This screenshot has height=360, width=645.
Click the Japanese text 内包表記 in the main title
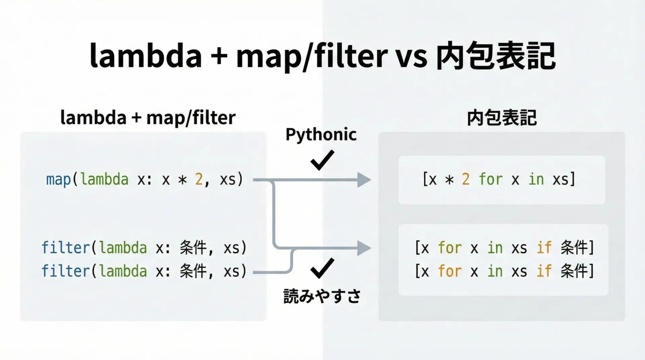[x=496, y=56]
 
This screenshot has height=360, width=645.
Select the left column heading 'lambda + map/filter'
[x=148, y=118]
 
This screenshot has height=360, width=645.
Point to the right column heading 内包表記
[x=502, y=118]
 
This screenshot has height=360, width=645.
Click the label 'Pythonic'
[x=321, y=135]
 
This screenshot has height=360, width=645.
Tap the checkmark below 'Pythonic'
[x=322, y=160]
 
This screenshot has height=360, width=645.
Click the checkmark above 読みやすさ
[x=322, y=268]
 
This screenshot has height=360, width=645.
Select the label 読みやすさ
[x=322, y=296]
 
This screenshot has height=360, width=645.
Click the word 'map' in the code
[x=58, y=180]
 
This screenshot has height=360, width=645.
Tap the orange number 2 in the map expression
[x=199, y=180]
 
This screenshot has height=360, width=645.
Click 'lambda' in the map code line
[x=104, y=180]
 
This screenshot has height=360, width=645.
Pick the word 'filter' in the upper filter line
[x=66, y=248]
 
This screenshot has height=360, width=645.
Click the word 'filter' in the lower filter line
[x=66, y=271]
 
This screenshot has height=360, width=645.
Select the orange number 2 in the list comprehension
[x=466, y=180]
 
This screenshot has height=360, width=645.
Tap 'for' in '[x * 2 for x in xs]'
[x=490, y=180]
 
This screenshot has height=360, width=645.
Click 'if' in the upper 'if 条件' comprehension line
[x=544, y=248]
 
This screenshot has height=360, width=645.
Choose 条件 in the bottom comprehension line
[x=574, y=271]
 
